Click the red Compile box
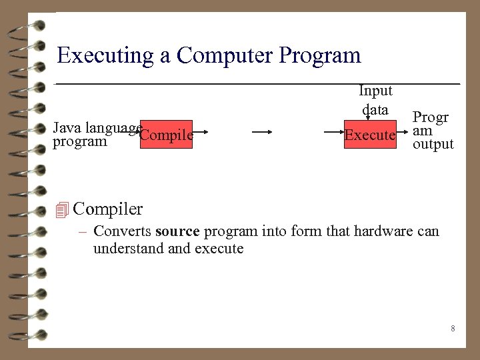[x=167, y=134]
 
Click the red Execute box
[x=370, y=134]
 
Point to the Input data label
[x=375, y=99]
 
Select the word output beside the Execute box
[x=433, y=145]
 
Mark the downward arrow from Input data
[x=367, y=118]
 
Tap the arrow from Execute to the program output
[x=403, y=132]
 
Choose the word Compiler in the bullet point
[x=107, y=209]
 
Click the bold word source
[x=177, y=232]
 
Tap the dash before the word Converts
[x=84, y=232]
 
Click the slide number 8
[x=453, y=329]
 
